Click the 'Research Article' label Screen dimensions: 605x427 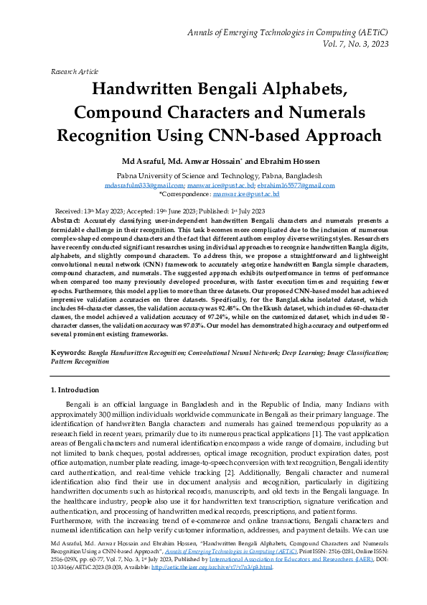click(73, 73)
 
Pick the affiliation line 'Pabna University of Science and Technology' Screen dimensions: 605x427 click(213, 175)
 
